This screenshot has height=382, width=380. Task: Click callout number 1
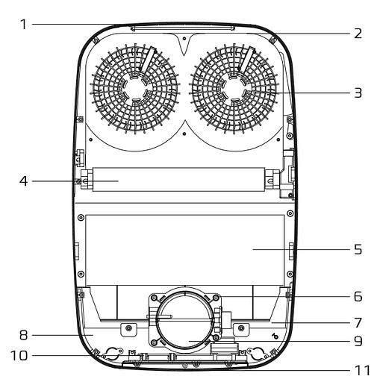(24, 25)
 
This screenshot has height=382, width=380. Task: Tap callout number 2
(358, 34)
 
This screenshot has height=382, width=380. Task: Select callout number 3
(358, 93)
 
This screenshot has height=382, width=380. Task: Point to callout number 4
(24, 181)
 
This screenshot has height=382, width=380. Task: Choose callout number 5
(358, 249)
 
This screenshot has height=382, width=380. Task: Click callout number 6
(358, 296)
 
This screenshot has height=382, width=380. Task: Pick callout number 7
(358, 323)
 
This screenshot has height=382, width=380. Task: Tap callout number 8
(24, 335)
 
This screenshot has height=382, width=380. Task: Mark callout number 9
(358, 341)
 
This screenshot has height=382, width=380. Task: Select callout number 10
(19, 356)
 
